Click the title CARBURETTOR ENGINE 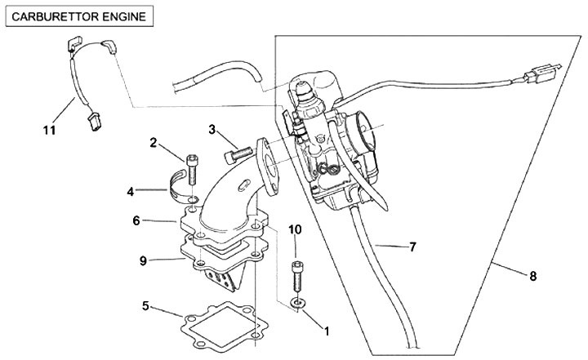pos(78,16)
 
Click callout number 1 pos(327,331)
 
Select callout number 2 pos(153,142)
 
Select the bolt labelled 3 pos(237,151)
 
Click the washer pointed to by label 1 pos(297,304)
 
